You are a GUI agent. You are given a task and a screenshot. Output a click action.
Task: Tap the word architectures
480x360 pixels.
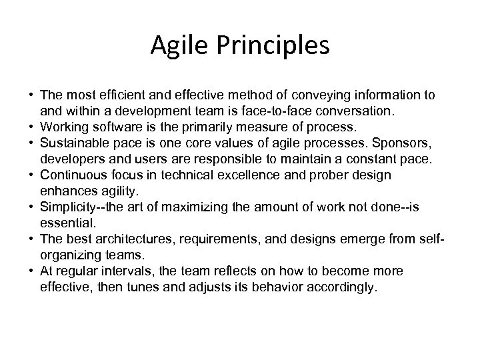click(129, 239)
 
